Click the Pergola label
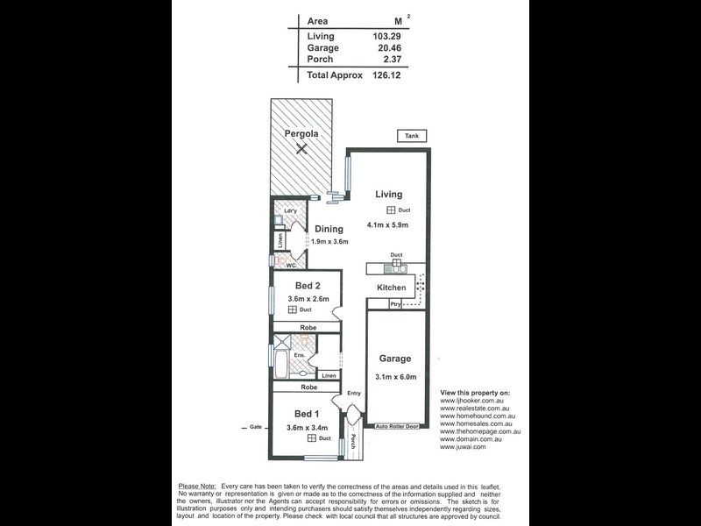pyautogui.click(x=301, y=134)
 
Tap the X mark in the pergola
pyautogui.click(x=301, y=151)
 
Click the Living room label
pyautogui.click(x=389, y=195)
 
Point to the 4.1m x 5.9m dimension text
pyautogui.click(x=393, y=225)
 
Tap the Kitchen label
pyautogui.click(x=391, y=288)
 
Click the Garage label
pyautogui.click(x=395, y=359)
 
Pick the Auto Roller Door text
pyautogui.click(x=397, y=425)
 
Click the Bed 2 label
pyautogui.click(x=307, y=287)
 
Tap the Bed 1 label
pyautogui.click(x=306, y=414)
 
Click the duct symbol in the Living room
pyautogui.click(x=390, y=211)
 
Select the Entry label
pyautogui.click(x=354, y=394)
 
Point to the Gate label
pyautogui.click(x=255, y=427)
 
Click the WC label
pyautogui.click(x=291, y=265)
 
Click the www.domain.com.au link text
pyautogui.click(x=475, y=439)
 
